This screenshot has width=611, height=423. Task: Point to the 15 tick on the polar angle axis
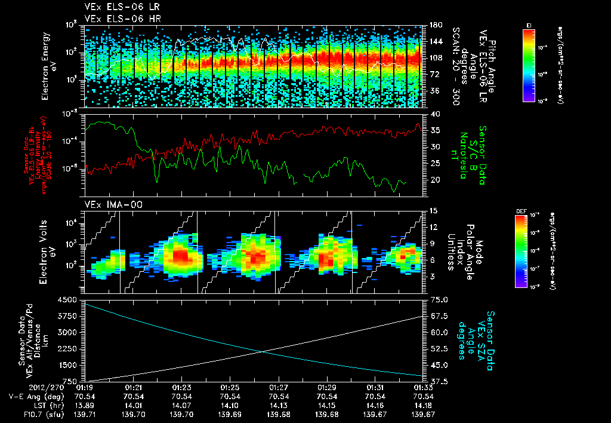432,211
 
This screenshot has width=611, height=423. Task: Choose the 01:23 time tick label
182,388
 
